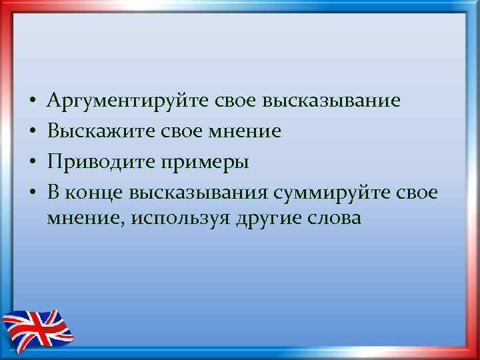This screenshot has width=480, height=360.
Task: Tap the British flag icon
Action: [39, 329]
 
